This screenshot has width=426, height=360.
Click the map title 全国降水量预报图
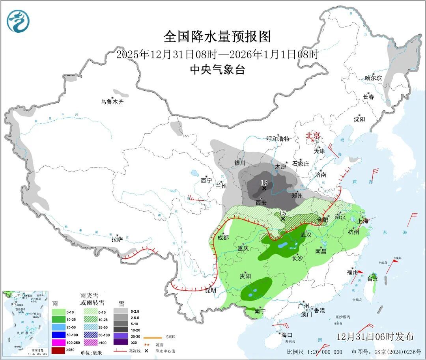pos(217,37)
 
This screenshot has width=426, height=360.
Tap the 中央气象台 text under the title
pos(217,70)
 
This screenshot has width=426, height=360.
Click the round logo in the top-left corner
pos(18,21)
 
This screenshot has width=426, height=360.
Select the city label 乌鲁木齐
pos(112,102)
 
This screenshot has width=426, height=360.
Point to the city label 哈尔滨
pos(373,78)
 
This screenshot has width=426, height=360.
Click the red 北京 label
pos(314,135)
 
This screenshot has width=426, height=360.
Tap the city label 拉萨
pos(117,239)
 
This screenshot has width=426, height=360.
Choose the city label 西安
pos(262,203)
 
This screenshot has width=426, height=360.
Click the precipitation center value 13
pos(264,183)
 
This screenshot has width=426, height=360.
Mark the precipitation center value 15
pos(282,213)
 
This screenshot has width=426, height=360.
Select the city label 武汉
pos(306,235)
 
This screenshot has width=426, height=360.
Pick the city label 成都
pos(223,237)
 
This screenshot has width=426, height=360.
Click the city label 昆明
pos(211,290)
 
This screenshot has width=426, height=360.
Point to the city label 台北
pos(373,279)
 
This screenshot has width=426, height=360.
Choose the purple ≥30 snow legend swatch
pos(121,342)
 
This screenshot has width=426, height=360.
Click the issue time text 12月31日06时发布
pos(375,337)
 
